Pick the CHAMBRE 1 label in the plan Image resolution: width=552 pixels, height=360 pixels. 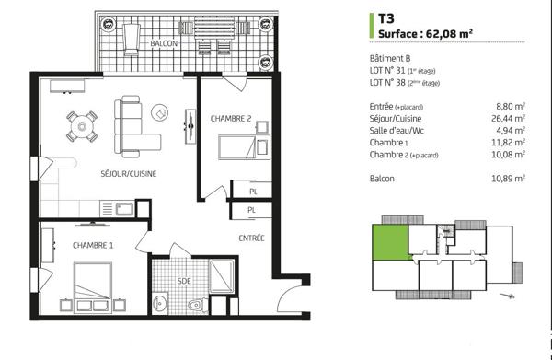(93, 245)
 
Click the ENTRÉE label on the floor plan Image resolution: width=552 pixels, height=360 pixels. (251, 238)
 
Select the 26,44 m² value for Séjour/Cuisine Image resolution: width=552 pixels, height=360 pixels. (509, 118)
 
